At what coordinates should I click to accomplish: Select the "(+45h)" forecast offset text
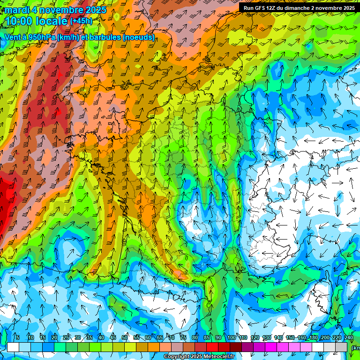click(x=81, y=21)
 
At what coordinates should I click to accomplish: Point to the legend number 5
click(x=18, y=338)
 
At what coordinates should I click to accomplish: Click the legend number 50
click(x=125, y=338)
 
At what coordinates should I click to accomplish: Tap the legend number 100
click(x=231, y=338)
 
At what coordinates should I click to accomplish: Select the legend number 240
click(x=348, y=338)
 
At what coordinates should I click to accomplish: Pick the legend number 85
click(x=207, y=338)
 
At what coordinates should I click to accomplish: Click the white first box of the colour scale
click(x=13, y=347)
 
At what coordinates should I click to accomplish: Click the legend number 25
click(x=66, y=338)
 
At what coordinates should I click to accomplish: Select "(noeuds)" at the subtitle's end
click(x=139, y=37)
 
